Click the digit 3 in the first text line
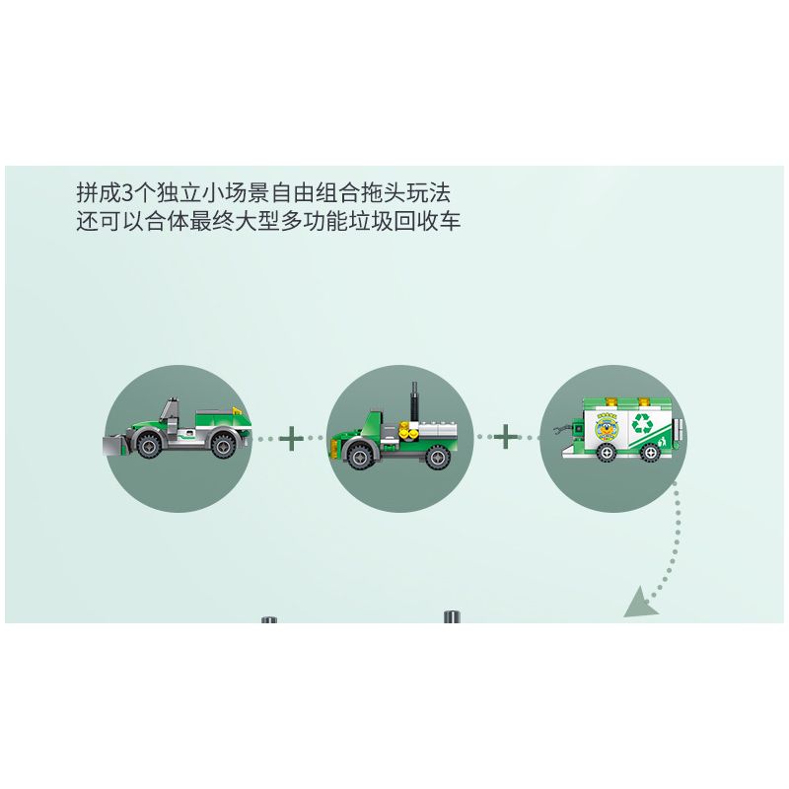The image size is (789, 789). [x=128, y=192]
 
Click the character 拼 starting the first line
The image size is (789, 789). [x=88, y=192]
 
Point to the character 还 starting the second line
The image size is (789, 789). [x=88, y=221]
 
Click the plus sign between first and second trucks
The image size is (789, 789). [x=291, y=438]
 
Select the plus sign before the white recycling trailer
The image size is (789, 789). [x=506, y=437]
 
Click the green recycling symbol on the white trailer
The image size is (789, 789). [x=642, y=424]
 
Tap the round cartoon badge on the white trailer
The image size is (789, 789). [x=607, y=428]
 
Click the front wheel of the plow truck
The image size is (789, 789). [x=150, y=445]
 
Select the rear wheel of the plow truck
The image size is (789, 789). [x=224, y=445]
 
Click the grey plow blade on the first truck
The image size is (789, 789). [x=114, y=446]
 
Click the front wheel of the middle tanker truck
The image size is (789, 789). [x=360, y=457]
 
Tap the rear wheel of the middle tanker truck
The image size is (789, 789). [x=437, y=457]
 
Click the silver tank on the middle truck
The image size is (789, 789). [x=439, y=432]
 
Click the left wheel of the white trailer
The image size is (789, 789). [x=608, y=453]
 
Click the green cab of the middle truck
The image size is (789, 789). [x=366, y=428]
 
